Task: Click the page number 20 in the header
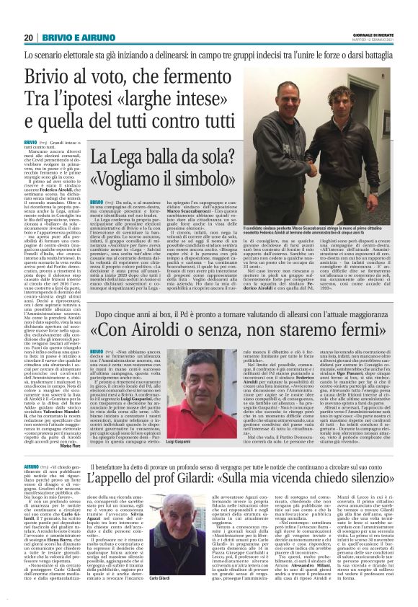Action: click(29, 37)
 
